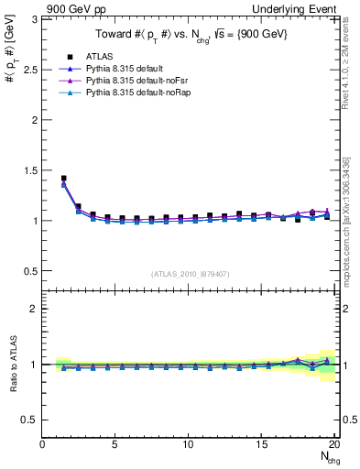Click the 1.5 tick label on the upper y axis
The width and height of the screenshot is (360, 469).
30,170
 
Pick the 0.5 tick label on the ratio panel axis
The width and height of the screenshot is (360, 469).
30,420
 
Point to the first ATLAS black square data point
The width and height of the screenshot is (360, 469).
63,179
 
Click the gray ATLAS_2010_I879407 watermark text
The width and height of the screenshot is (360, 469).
189,273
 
